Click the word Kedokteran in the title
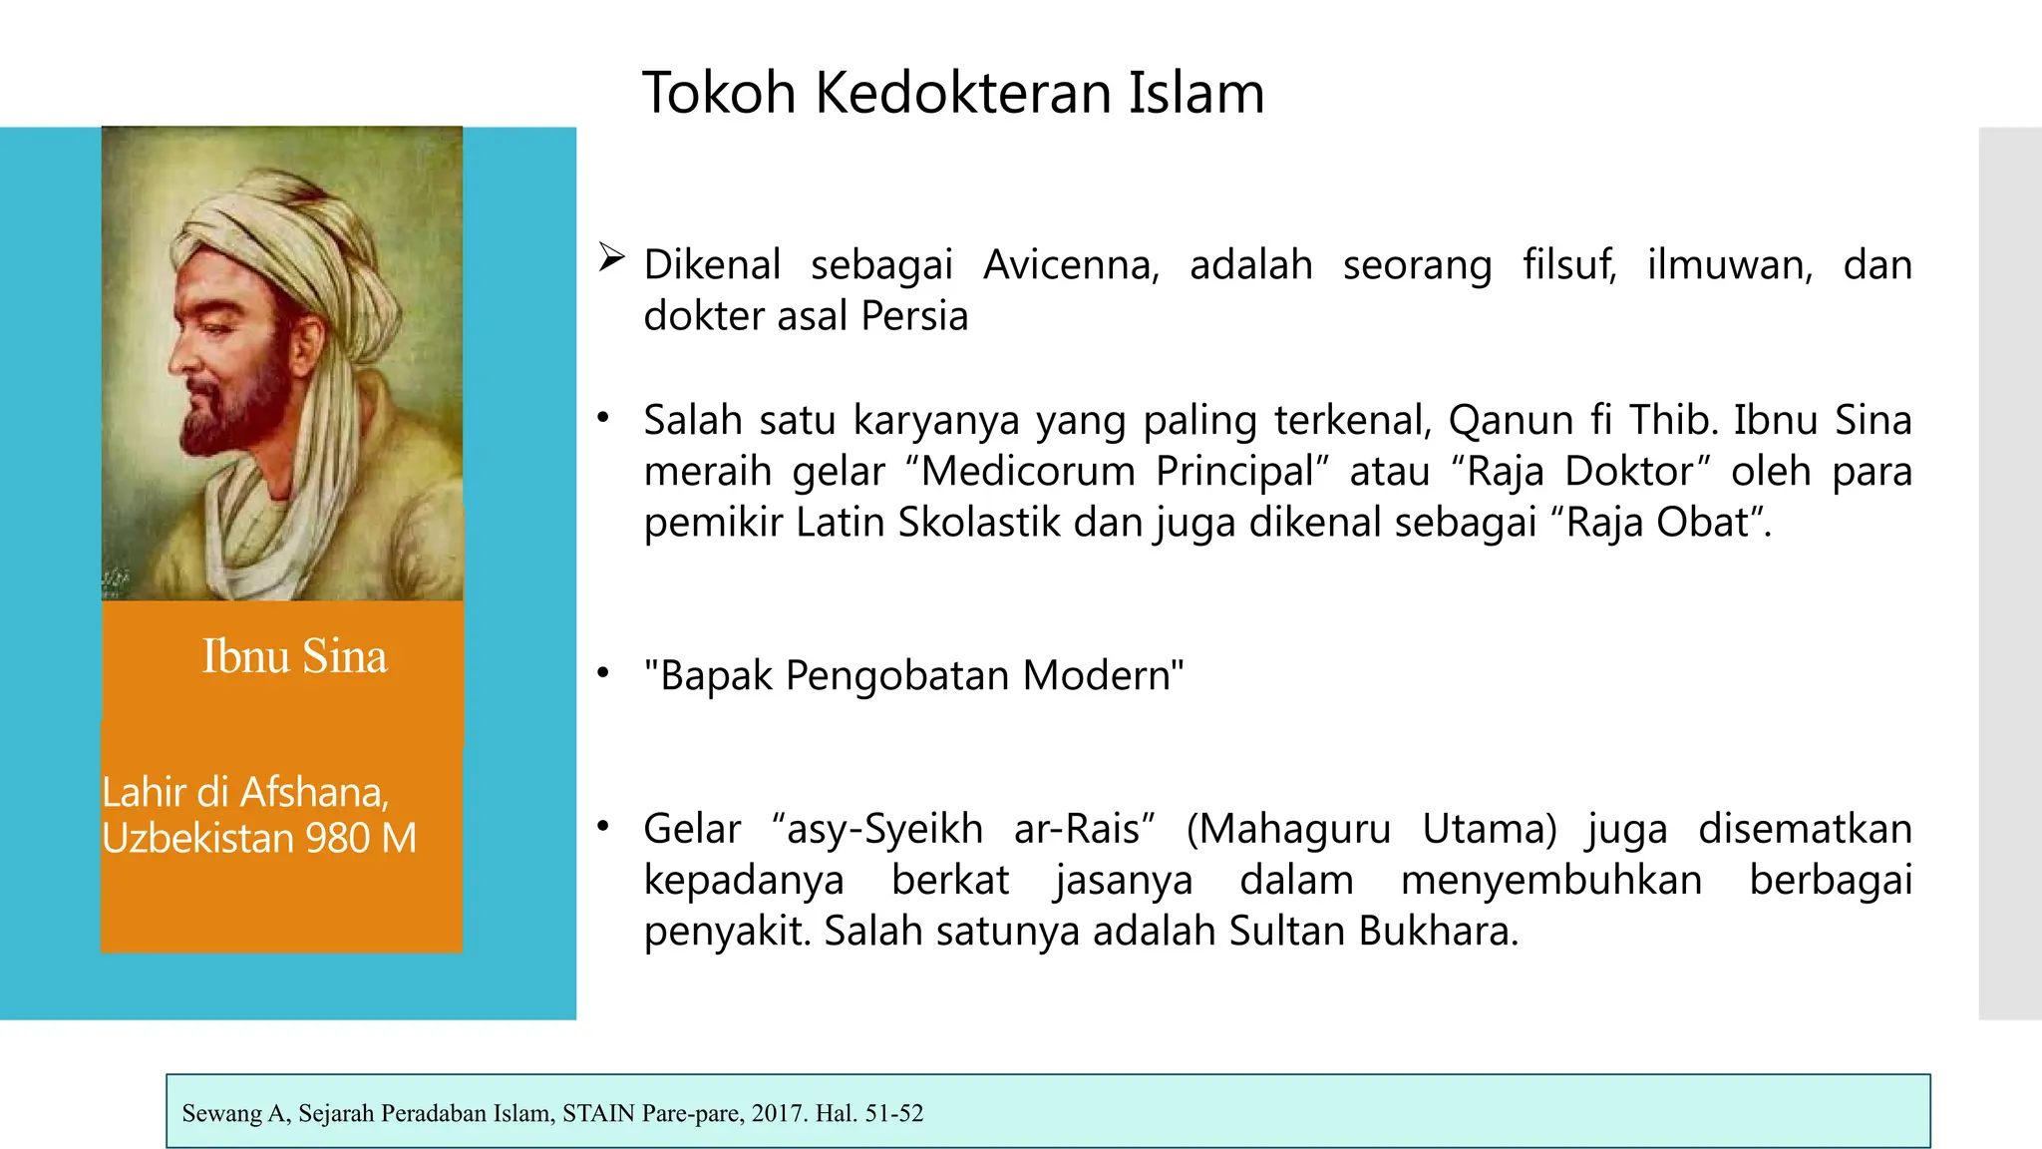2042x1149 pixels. (x=965, y=93)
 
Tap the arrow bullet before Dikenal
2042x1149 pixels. (x=610, y=258)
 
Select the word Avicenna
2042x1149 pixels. (x=1071, y=265)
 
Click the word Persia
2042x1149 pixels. (x=914, y=316)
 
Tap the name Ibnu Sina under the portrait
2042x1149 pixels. (x=294, y=656)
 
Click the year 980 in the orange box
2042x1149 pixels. (x=337, y=838)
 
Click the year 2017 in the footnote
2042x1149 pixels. (x=777, y=1113)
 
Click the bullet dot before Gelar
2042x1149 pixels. (x=602, y=826)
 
